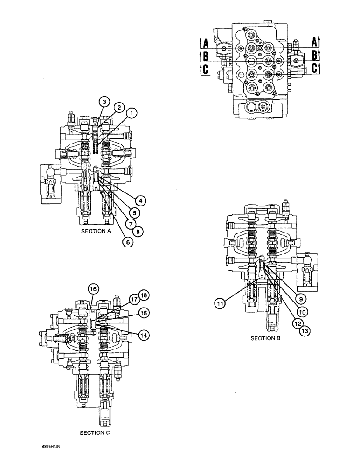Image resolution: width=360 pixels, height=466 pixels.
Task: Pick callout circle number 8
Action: coord(138,230)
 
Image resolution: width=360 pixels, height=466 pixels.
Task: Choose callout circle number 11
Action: coord(220,303)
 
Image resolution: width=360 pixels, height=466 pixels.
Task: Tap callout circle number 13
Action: coord(305,330)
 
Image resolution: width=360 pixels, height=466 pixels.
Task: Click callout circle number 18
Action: coord(142,295)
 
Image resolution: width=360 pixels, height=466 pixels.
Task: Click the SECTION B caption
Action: coord(266,338)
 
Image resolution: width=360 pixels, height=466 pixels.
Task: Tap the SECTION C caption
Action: coord(95,433)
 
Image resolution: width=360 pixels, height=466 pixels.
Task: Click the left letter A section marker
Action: coord(204,44)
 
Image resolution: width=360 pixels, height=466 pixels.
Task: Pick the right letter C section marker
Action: coord(315,68)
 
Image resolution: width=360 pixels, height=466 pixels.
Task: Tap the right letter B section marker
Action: coord(315,55)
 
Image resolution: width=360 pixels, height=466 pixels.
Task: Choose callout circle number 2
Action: coord(119,108)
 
